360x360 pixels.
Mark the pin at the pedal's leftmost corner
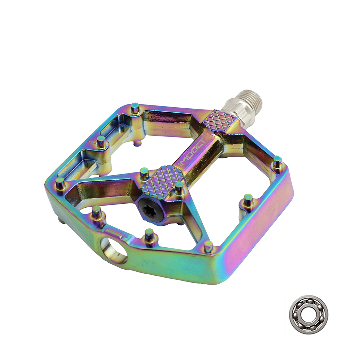(60, 184)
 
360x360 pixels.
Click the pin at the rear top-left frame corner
(135, 108)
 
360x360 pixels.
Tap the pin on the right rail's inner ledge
(248, 201)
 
